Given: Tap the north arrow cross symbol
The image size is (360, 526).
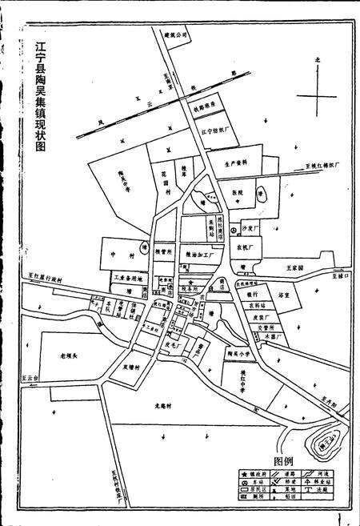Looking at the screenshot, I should (318, 98).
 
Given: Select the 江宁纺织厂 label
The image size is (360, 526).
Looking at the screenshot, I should (218, 130).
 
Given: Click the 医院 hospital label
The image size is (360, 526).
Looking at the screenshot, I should (237, 194).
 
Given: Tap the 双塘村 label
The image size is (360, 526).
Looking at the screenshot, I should (131, 369).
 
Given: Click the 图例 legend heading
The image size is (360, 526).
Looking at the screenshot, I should (285, 462).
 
